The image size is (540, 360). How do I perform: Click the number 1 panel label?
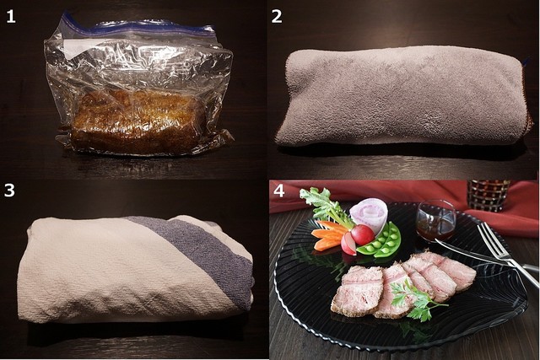11,16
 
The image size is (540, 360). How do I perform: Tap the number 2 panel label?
277,16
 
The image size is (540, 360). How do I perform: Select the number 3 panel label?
9,190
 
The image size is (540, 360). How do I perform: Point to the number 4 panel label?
278,191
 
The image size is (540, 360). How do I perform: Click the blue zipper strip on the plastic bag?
138,27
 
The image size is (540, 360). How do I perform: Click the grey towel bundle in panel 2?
401,96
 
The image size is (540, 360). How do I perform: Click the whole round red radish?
362,234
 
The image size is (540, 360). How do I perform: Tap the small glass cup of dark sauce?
435,221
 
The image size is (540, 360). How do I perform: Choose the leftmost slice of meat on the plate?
356,291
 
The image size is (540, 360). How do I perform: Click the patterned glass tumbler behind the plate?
489,195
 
